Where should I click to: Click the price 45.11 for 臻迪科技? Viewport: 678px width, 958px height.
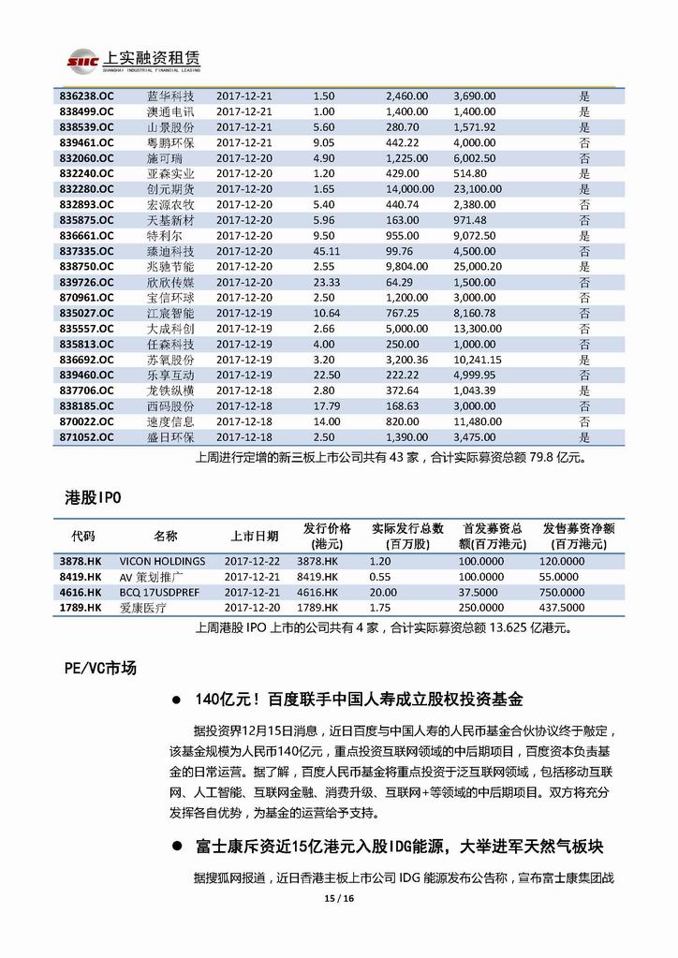326,251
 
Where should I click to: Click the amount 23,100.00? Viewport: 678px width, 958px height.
478,188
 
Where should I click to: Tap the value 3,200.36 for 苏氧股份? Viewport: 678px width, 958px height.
406,360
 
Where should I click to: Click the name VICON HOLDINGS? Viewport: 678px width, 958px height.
162,561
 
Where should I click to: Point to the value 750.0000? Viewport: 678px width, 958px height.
567,592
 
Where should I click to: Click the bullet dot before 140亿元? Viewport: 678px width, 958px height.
176,700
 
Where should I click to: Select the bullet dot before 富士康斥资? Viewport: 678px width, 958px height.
176,847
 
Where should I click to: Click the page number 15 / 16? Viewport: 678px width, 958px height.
338,898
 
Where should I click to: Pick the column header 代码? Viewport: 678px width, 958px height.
83,537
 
